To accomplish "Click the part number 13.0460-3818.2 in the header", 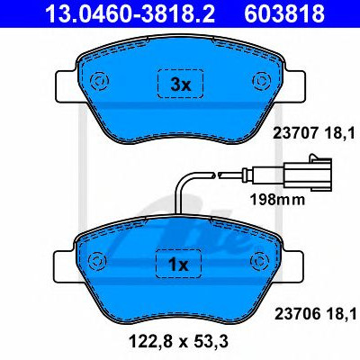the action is (130, 13).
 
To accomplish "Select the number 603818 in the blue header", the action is (284, 13).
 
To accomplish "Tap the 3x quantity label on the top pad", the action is (181, 85).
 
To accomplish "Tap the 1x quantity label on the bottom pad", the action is (178, 265).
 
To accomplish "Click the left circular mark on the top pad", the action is (99, 80).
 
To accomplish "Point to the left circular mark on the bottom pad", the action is (97, 260).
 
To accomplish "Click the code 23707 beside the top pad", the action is (294, 132).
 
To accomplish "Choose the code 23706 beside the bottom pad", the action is (297, 315).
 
